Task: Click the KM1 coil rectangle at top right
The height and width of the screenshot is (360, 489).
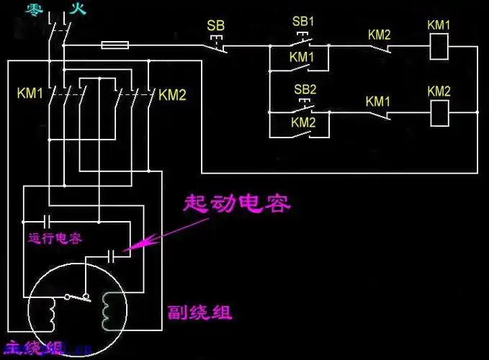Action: click(x=439, y=48)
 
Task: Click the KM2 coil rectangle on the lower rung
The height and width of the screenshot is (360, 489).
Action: click(x=439, y=112)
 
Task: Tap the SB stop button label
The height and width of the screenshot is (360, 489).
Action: click(x=216, y=26)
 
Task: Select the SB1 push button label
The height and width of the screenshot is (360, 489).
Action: click(x=303, y=21)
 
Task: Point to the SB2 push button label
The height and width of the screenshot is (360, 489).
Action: click(x=305, y=89)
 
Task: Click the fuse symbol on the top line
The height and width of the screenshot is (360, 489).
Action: click(x=115, y=45)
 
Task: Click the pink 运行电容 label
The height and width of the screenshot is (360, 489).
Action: click(x=55, y=237)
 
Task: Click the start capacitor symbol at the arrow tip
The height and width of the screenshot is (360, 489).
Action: click(x=115, y=254)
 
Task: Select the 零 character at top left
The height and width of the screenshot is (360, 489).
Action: click(x=33, y=9)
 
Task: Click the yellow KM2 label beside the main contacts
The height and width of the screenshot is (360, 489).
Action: click(x=173, y=94)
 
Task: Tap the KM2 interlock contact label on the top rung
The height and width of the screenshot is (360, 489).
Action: click(x=379, y=34)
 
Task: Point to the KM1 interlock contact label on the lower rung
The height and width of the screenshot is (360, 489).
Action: click(x=377, y=102)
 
